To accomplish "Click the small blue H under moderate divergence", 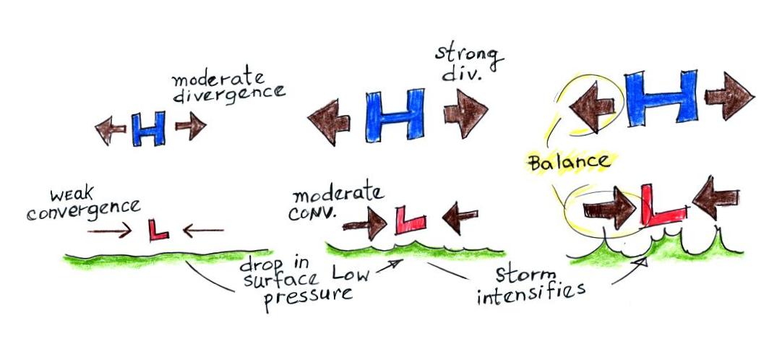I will tap(147, 130).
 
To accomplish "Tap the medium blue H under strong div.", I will tap(394, 115).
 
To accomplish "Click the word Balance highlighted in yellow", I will tap(568, 160).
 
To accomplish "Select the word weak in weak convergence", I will tap(69, 195).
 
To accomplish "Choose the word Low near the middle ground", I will tap(349, 273).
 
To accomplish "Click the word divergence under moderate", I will tap(229, 94).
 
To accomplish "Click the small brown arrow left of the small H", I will tap(111, 130).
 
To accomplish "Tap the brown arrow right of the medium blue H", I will tap(465, 114).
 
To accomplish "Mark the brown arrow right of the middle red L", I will tap(460, 217).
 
